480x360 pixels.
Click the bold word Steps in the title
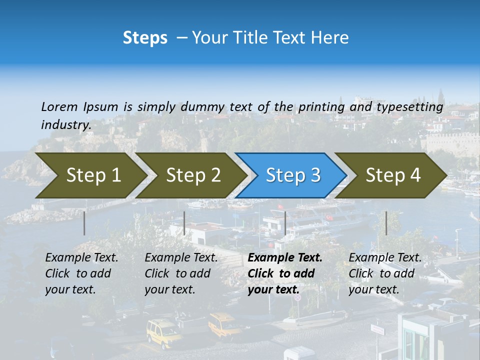(145, 38)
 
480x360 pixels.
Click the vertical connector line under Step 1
(84, 223)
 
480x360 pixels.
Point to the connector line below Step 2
(184, 223)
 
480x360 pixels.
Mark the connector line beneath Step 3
(285, 223)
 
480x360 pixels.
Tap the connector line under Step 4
(386, 223)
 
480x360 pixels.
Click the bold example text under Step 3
(284, 273)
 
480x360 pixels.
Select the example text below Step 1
(81, 273)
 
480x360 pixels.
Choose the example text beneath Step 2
(181, 273)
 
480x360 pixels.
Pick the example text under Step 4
(385, 273)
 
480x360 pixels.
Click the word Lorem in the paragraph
(59, 106)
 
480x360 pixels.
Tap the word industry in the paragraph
(65, 125)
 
